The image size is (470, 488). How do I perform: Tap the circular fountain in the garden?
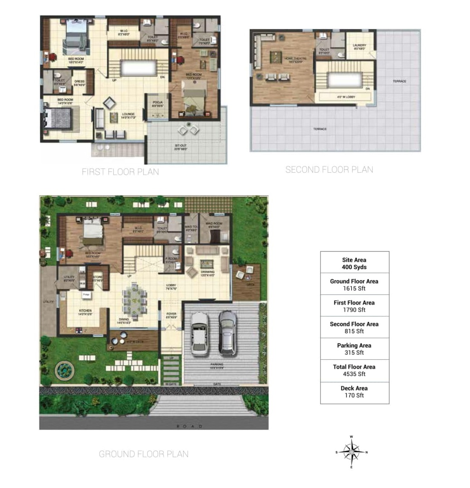pos(63,370)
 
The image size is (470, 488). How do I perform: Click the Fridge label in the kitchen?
pos(86,295)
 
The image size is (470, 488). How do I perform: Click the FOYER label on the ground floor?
pos(171,314)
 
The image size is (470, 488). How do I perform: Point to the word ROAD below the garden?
pos(189,426)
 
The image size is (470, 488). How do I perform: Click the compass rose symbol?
pos(352,451)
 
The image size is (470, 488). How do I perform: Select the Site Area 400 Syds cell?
pos(354,263)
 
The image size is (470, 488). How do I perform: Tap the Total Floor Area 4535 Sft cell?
pos(354,370)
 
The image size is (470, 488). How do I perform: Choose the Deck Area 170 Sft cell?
pos(354,392)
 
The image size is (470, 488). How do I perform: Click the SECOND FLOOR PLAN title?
pos(329,170)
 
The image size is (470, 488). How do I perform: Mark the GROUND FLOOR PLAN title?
pos(144,454)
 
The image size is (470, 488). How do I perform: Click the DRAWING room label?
pos(208,273)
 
